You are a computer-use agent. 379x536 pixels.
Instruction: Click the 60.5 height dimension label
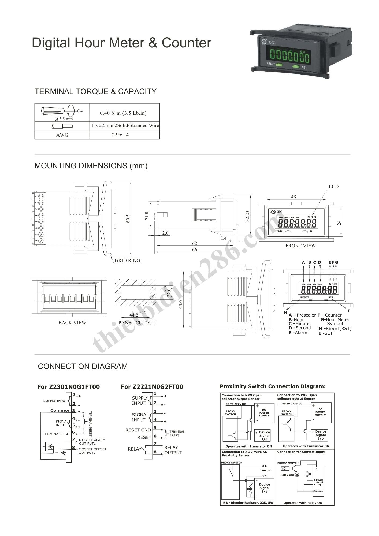[x=128, y=218]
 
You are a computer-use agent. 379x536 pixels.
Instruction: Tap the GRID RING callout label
[x=127, y=260]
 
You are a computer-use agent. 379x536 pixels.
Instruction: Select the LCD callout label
[x=333, y=187]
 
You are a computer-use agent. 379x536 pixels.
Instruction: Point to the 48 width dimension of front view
[x=293, y=197]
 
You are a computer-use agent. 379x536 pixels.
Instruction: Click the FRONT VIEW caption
[x=300, y=246]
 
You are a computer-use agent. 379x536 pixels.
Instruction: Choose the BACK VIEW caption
[x=72, y=323]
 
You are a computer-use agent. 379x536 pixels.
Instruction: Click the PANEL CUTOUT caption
[x=137, y=323]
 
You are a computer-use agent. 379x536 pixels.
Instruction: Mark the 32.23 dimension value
[x=247, y=216]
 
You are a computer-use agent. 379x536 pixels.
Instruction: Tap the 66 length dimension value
[x=195, y=250]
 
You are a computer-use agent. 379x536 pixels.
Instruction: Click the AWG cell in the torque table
[x=62, y=135]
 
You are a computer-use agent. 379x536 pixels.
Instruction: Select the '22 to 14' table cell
[x=120, y=135]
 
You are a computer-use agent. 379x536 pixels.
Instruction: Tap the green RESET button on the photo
[x=280, y=65]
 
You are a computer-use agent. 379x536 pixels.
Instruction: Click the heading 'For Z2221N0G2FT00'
[x=152, y=387]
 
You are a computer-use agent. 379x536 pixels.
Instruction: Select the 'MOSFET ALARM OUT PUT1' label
[x=92, y=442]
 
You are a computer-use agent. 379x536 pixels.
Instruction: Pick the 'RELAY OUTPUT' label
[x=173, y=450]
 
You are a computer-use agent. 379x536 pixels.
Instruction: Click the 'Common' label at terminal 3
[x=60, y=410]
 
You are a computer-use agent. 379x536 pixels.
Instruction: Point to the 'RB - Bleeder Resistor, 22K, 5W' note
[x=248, y=503]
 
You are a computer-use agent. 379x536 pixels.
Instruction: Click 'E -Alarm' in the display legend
[x=298, y=333]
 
